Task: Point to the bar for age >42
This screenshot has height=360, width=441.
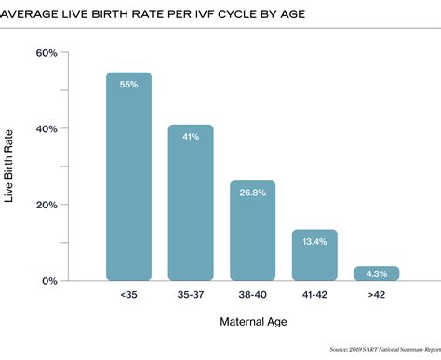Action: point(376,273)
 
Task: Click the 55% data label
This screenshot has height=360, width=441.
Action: point(128,85)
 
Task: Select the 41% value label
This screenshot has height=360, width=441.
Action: point(191,137)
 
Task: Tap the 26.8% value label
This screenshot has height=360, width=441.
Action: point(252,193)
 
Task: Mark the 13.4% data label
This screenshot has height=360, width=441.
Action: point(314,243)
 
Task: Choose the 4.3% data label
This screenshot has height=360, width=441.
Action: point(376,273)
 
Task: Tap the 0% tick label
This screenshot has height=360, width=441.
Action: point(50,280)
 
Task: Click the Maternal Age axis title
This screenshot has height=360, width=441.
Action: point(252,322)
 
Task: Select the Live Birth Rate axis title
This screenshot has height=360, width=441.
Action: point(10,167)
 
